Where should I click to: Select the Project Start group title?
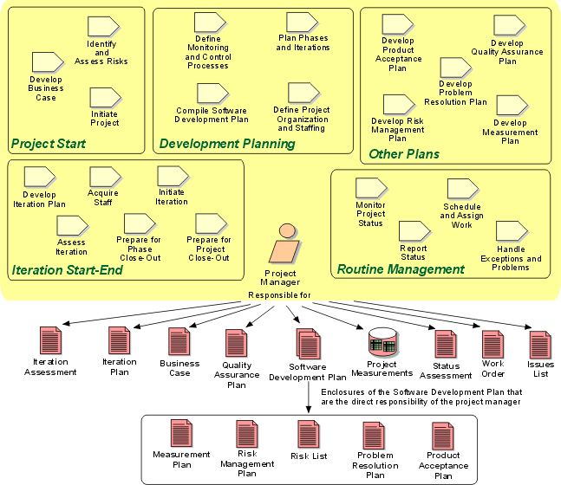[48, 143]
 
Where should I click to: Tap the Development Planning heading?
[227, 144]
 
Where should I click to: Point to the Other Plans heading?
[404, 154]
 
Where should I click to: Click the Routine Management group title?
[401, 269]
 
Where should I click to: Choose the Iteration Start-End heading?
[67, 270]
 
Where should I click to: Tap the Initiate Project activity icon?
[104, 98]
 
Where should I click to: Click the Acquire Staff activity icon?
[103, 177]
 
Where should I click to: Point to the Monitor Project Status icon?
[370, 188]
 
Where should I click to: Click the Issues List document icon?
[541, 344]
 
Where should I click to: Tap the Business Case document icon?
[179, 342]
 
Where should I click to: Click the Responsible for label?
[279, 295]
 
